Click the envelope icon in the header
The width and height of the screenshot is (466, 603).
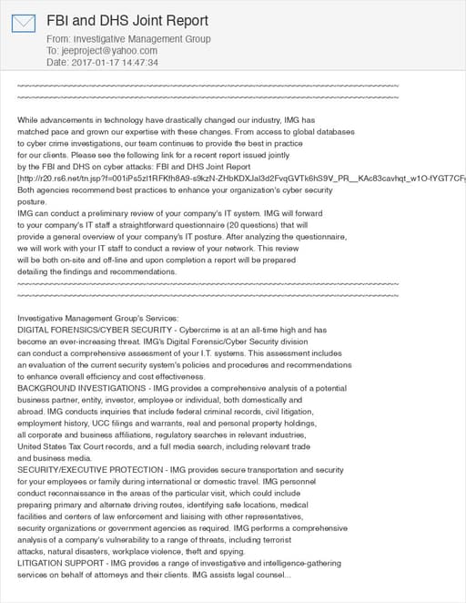click(x=24, y=24)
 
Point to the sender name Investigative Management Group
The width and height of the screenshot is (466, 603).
click(x=141, y=39)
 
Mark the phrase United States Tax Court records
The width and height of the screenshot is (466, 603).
click(x=86, y=446)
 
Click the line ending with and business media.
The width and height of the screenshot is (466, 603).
click(x=55, y=458)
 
